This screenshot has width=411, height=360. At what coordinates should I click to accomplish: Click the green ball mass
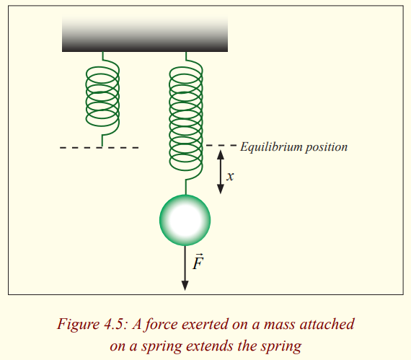(185, 220)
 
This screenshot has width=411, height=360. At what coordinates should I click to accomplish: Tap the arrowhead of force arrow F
(185, 286)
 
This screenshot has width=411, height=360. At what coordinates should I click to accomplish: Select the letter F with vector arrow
(198, 262)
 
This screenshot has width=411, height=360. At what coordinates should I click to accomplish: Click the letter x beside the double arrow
(230, 176)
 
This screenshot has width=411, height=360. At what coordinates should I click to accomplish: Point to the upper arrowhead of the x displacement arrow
(221, 154)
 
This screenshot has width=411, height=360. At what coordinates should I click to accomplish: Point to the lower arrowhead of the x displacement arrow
(221, 189)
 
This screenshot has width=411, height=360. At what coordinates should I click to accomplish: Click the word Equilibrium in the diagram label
(271, 147)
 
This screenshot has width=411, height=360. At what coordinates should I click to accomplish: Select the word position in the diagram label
(327, 147)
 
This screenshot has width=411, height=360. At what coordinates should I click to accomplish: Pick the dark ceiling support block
(145, 33)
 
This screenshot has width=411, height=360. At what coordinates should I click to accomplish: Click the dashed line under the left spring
(99, 148)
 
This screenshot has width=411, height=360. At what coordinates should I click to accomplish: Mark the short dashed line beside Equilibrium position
(221, 145)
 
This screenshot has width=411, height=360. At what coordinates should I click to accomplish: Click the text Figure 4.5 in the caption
(92, 325)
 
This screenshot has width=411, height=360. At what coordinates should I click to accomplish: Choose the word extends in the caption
(209, 346)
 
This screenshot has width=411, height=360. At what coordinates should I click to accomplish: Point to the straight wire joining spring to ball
(185, 187)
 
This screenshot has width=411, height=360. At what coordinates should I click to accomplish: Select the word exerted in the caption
(205, 325)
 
